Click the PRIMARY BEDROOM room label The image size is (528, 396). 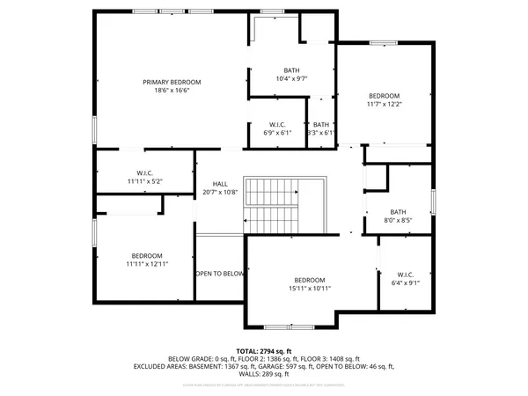(172, 82)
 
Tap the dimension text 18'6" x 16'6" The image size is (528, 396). (172, 91)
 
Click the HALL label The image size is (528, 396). (219, 183)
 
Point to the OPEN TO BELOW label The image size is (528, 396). (220, 274)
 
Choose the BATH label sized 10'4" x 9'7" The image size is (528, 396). (291, 70)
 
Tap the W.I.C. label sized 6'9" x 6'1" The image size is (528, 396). (277, 124)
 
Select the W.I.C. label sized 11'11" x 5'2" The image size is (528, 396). (145, 172)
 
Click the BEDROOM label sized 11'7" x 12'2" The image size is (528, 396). (384, 96)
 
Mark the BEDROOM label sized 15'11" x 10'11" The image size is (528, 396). (310, 279)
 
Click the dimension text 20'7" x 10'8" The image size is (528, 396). (219, 192)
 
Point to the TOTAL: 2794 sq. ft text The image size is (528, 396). (263, 350)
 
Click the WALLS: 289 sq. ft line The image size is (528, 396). (263, 374)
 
